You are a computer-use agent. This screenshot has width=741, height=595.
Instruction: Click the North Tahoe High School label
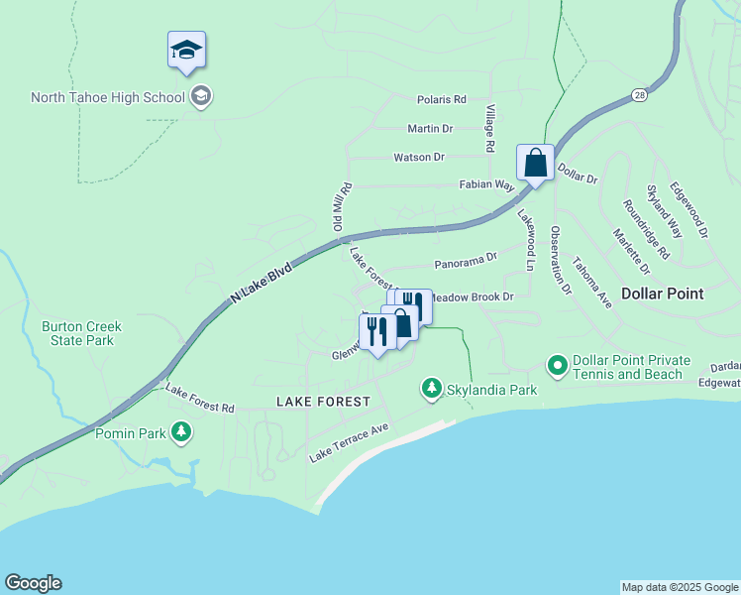[x=108, y=97]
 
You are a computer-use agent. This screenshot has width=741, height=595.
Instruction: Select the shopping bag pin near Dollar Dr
[x=535, y=164]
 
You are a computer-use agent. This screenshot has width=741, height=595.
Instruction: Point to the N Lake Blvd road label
[x=262, y=282]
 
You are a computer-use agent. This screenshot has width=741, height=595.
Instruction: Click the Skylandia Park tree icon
[x=431, y=389]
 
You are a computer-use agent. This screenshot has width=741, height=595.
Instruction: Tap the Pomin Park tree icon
[x=180, y=431]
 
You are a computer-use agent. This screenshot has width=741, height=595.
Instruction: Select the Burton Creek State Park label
[x=91, y=333]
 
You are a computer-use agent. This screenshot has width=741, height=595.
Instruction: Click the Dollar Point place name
[x=662, y=294]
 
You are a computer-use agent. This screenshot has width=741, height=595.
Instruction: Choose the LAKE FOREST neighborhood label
[x=323, y=402]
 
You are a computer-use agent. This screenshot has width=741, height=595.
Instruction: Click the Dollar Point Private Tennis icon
[x=558, y=367]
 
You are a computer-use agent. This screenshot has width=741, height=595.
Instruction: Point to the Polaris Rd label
[x=441, y=100]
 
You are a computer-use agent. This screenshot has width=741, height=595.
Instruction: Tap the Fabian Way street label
[x=485, y=185]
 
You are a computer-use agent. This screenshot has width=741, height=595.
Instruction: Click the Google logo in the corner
[x=33, y=583]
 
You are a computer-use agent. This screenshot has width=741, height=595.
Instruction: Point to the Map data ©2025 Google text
[x=679, y=587]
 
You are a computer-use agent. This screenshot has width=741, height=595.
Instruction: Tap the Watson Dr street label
[x=419, y=158]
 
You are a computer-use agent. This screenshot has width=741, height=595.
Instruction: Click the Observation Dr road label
[x=561, y=261]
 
